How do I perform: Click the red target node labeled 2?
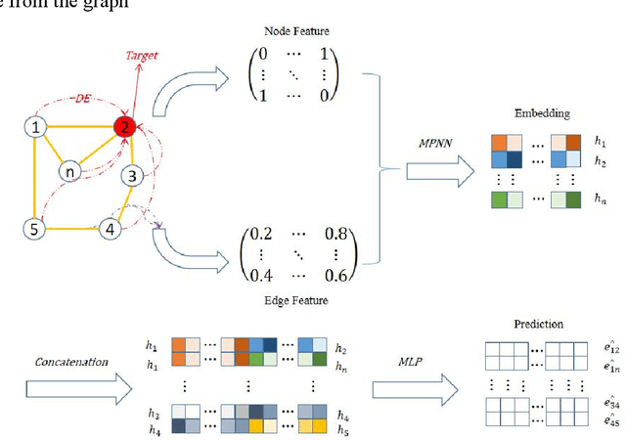pos(124,126)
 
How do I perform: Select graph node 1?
pos(35,126)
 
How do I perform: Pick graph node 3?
pos(134,176)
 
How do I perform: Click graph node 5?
pos(34,228)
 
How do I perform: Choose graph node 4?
pos(112,229)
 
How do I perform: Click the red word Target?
pos(142,57)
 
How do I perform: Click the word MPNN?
pos(440,143)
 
